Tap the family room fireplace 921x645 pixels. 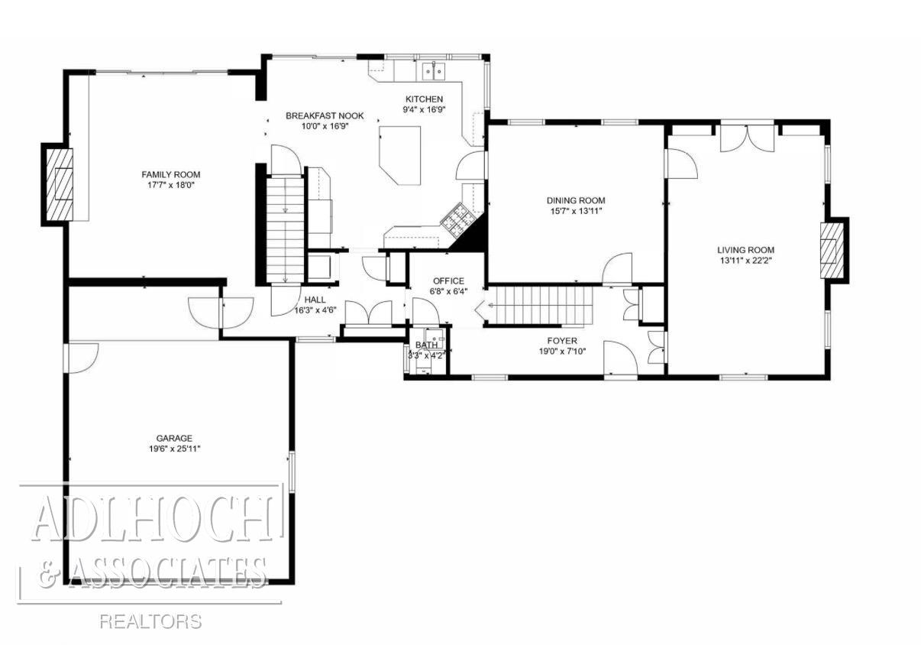(58, 184)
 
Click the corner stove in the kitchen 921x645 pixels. (458, 219)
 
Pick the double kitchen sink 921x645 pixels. (435, 71)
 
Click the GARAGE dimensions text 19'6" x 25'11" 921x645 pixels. (174, 449)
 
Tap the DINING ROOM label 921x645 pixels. (577, 200)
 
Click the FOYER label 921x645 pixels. (562, 341)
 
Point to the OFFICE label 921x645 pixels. (448, 280)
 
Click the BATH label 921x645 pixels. (427, 345)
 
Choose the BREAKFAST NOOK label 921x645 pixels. (325, 115)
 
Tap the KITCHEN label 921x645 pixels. (424, 99)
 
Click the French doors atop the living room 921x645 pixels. (748, 136)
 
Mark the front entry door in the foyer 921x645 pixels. (620, 359)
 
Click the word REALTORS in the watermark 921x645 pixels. (150, 621)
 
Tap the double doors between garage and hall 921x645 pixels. (221, 310)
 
